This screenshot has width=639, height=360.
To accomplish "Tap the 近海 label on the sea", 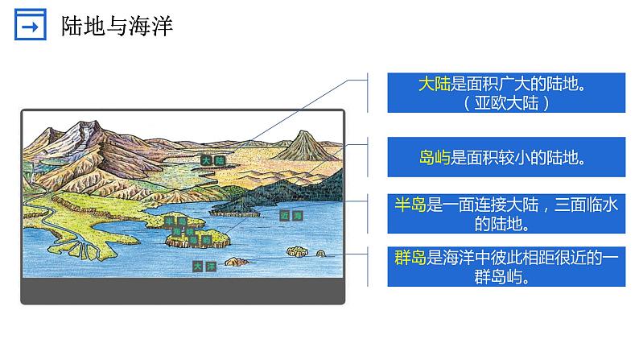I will [x=291, y=216].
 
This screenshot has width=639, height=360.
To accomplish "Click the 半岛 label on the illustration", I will [x=175, y=221].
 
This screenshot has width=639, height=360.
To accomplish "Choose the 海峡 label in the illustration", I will [x=183, y=231].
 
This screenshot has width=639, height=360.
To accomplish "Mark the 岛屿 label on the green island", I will [x=198, y=239].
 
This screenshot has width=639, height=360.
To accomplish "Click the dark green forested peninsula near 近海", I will [x=241, y=208].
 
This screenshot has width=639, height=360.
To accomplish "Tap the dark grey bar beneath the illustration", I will [x=183, y=292].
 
